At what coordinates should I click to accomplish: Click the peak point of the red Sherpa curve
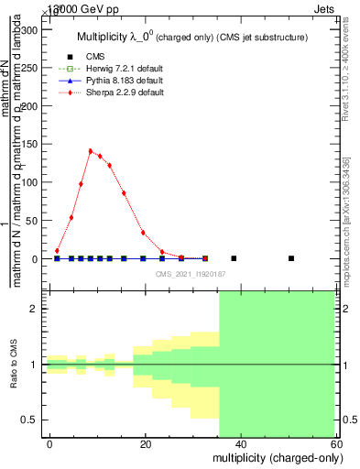(x=91, y=151)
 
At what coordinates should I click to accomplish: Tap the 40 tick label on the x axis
(x=240, y=444)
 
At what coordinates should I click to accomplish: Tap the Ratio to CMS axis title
(x=14, y=365)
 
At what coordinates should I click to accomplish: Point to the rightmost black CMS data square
(x=290, y=258)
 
